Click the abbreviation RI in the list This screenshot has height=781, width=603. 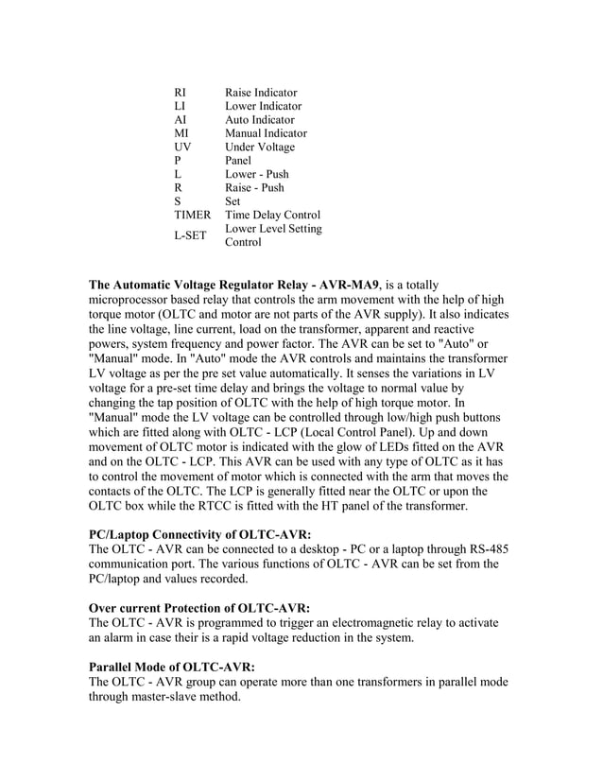181,93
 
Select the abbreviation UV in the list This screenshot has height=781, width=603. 183,148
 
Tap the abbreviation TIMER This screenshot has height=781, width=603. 193,216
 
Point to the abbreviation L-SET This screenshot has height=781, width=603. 192,235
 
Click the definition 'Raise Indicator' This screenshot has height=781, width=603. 261,93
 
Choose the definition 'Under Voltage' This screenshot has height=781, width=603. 260,148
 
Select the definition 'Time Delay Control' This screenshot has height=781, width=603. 272,216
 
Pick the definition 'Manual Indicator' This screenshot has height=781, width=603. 266,133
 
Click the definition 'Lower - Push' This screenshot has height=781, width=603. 257,175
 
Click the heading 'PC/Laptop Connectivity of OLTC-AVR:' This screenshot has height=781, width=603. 199,534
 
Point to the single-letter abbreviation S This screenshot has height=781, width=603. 178,201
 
